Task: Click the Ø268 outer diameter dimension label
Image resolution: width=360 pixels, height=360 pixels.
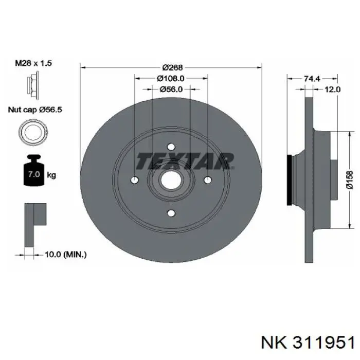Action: coord(172,67)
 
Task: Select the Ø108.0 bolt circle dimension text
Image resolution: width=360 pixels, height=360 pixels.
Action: coord(171,79)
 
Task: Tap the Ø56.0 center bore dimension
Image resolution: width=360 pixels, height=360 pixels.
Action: coord(171,89)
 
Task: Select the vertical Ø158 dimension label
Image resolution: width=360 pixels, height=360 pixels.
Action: coord(350,180)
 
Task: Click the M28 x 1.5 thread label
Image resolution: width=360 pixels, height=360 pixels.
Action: coord(33,63)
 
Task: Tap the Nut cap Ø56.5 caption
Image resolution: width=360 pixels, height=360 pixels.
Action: coord(35,110)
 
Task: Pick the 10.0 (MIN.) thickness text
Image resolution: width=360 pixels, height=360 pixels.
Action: coord(66,254)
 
